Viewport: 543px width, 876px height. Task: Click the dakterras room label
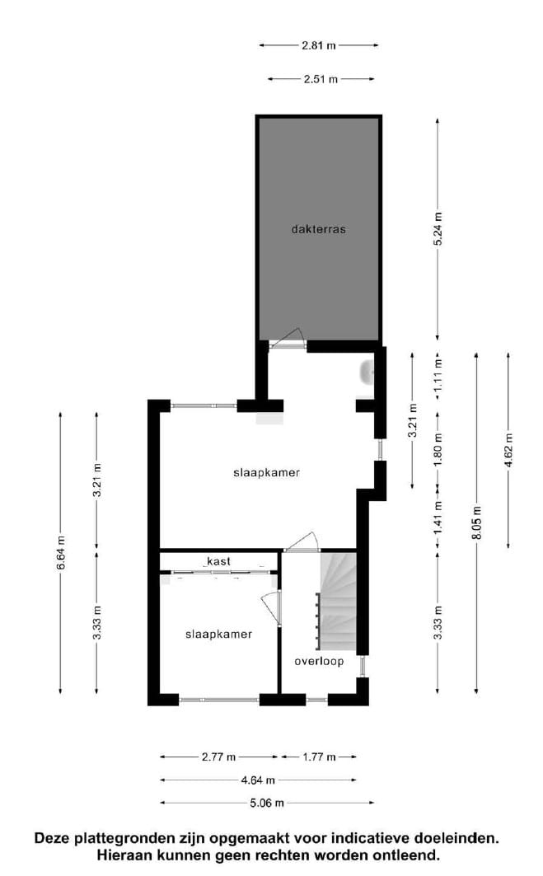coord(318,229)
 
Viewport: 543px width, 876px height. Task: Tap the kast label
coord(218,561)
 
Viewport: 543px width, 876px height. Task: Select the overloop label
coord(319,662)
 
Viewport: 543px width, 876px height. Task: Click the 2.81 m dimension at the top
coord(319,46)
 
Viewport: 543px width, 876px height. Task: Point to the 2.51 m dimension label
coord(321,79)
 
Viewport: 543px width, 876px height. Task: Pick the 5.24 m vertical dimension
coord(438,229)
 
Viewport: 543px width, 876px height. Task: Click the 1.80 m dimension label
coord(438,449)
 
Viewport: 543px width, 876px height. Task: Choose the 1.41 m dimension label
coord(438,517)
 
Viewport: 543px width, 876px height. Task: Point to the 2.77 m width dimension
coord(219,757)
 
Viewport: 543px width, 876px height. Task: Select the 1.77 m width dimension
coord(319,757)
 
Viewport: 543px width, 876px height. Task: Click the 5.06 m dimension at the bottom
coord(268,803)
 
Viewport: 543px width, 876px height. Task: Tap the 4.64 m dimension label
coord(259,780)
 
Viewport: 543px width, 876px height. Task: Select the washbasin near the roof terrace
coord(367,374)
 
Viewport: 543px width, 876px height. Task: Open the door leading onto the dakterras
coord(288,341)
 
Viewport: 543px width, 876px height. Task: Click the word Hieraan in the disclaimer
coord(124,856)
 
